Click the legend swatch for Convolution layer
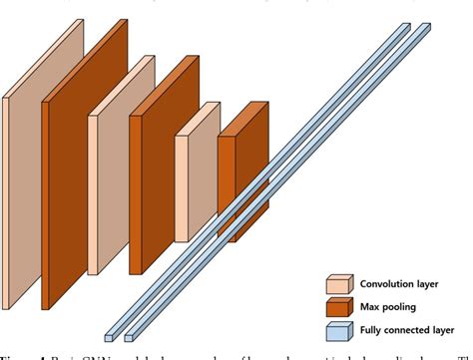(340, 284)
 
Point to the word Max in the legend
(370, 305)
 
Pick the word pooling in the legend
(402, 306)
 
